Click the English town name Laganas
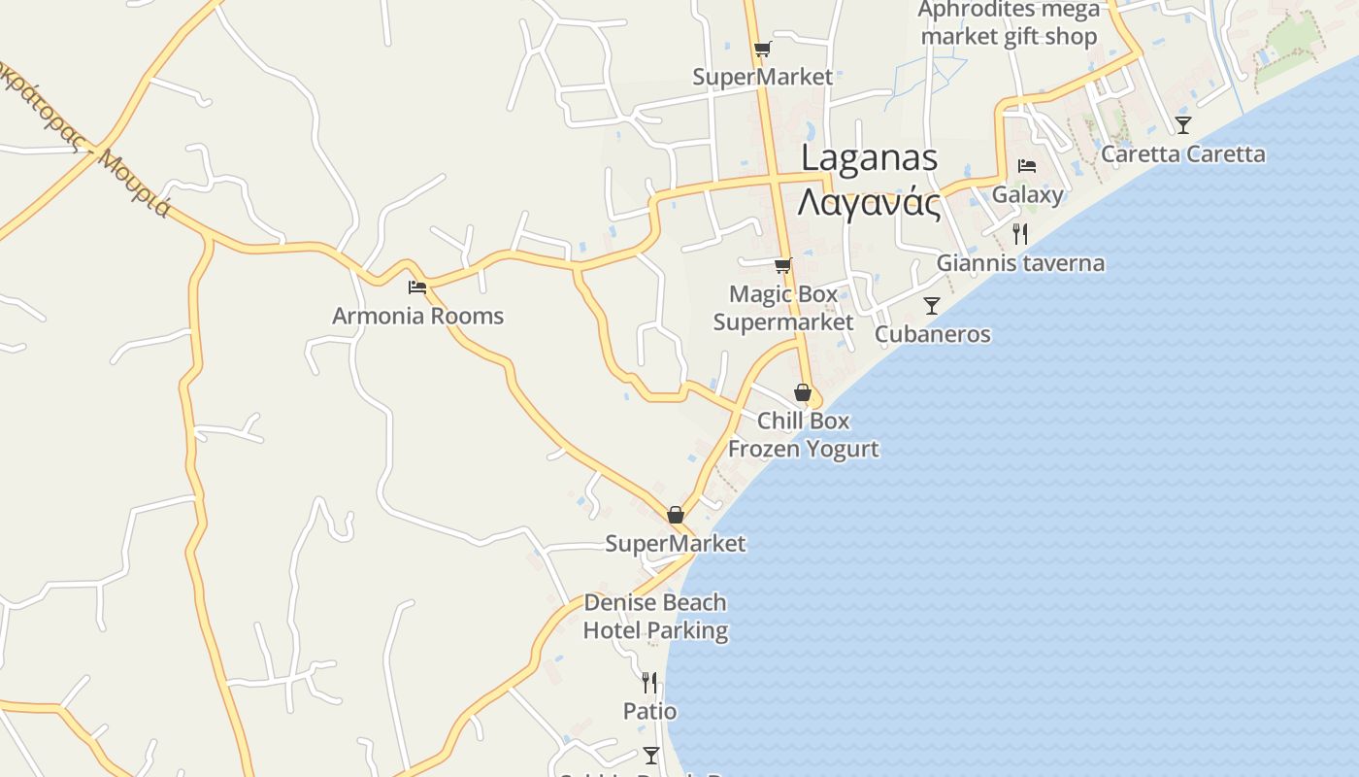869,158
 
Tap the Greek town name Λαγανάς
869,203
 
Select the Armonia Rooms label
417,316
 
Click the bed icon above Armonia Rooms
417,287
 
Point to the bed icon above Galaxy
1027,166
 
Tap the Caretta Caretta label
1182,154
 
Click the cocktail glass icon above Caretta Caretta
1182,124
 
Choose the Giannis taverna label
1020,263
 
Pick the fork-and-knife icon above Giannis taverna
1019,234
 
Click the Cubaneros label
932,334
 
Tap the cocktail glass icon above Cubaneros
932,306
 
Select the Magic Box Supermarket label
783,308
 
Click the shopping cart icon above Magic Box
782,265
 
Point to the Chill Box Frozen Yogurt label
803,434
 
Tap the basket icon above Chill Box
802,392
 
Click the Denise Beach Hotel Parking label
655,617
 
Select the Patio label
649,711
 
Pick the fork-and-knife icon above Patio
648,683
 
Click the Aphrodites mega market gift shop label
1010,23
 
